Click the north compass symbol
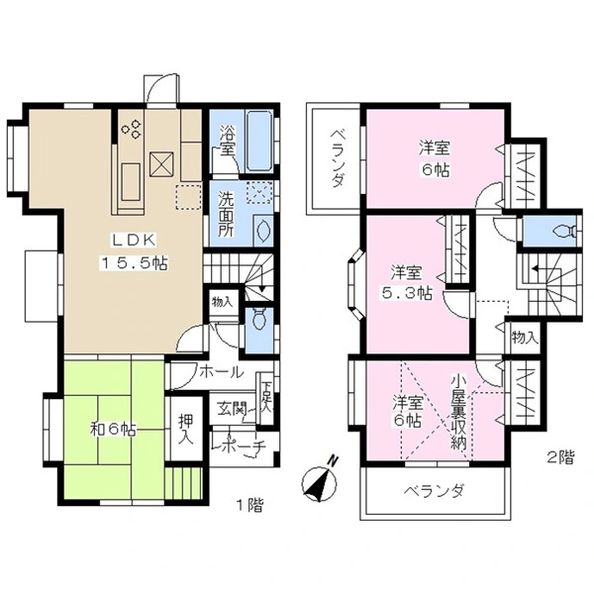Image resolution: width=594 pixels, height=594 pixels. coord(320,483)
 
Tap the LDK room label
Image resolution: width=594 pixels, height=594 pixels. coord(134,240)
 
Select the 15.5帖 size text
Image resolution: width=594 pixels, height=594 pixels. coord(134,262)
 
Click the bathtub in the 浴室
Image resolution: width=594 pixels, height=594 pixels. coord(259,141)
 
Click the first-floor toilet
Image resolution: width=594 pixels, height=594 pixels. coord(259,319)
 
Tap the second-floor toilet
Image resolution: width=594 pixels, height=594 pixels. coord(565,231)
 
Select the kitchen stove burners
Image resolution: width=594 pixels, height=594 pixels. coord(132,129)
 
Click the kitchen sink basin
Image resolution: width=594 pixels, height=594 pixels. coord(131,182)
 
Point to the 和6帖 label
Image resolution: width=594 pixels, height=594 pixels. coord(113,430)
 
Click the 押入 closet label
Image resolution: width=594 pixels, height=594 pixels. coord(186,430)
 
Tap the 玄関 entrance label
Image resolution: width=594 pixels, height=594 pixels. coord(232,409)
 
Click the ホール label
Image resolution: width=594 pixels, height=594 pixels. coord(221,372)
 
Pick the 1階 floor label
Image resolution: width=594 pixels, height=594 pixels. coord(249,505)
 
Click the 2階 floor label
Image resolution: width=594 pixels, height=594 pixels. coord(560,457)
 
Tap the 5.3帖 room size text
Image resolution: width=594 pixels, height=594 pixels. coord(406,293)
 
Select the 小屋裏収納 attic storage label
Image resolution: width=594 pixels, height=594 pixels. coord(458,412)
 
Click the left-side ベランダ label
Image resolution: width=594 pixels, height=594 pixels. coord(338,158)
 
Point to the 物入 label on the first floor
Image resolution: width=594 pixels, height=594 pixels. coord(222,303)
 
